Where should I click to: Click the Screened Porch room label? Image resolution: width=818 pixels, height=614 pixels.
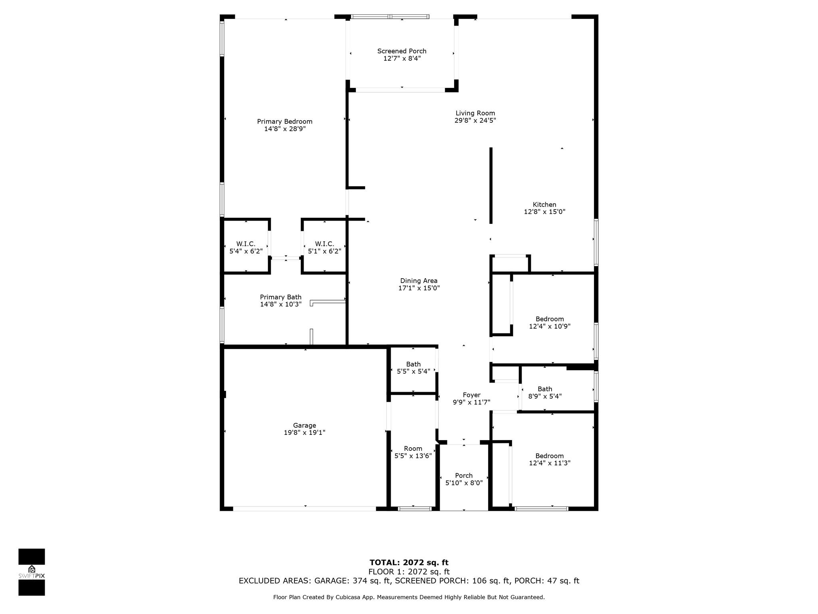pos(402,51)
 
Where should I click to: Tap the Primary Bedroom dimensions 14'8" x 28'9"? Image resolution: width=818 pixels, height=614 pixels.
pos(285,129)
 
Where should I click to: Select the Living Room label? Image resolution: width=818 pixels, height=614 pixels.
pos(475,113)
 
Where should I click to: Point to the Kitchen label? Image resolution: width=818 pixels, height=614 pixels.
pos(544,205)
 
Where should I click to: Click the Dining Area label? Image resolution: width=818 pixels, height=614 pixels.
pos(419,281)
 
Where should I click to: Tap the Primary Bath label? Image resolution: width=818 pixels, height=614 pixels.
pos(281,297)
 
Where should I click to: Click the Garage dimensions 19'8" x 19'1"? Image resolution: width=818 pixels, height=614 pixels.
pos(305,433)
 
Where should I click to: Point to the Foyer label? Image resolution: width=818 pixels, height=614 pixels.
pos(472,395)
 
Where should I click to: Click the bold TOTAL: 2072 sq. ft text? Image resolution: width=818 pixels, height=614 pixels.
pos(409,563)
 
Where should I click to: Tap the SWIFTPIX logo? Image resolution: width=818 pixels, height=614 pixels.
pos(32,572)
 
